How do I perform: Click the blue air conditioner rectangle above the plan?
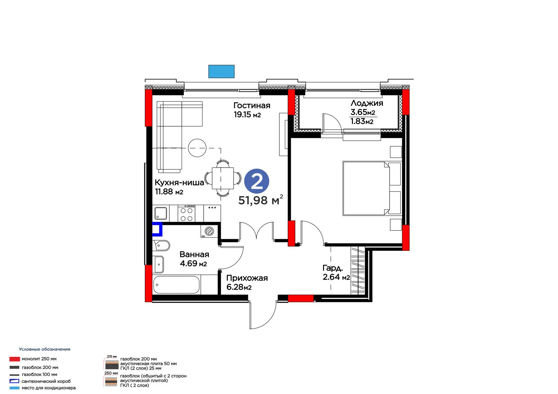(221, 71)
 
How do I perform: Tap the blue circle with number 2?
(257, 181)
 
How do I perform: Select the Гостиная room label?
(251, 106)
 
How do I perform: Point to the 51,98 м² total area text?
(261, 200)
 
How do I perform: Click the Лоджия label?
(367, 103)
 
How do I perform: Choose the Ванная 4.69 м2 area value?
(193, 263)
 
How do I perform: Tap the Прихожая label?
(247, 278)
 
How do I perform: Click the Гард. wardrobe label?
(333, 268)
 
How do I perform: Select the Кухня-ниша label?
(179, 183)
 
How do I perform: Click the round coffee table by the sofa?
(197, 148)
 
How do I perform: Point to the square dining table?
(223, 178)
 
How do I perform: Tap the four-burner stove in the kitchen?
(186, 213)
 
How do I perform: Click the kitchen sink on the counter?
(161, 213)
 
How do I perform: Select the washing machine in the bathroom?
(209, 231)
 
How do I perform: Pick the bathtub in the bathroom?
(176, 285)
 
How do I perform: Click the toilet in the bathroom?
(161, 246)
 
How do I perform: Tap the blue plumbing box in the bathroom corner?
(157, 229)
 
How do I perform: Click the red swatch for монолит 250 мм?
(14, 359)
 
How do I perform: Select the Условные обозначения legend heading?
(45, 349)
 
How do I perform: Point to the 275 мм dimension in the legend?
(112, 357)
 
